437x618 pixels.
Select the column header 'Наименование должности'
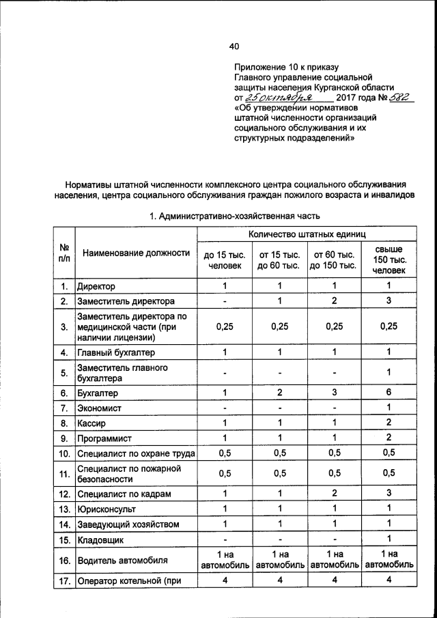click(136, 253)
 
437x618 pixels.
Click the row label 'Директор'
click(97, 286)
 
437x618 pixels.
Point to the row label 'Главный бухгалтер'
click(116, 352)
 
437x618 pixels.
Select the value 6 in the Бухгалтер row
click(389, 393)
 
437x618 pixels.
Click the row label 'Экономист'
click(100, 408)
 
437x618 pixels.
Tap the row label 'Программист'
click(105, 438)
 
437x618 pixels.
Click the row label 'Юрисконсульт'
click(107, 509)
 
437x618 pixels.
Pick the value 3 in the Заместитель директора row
click(389, 301)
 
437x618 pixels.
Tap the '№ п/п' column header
click(64, 253)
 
